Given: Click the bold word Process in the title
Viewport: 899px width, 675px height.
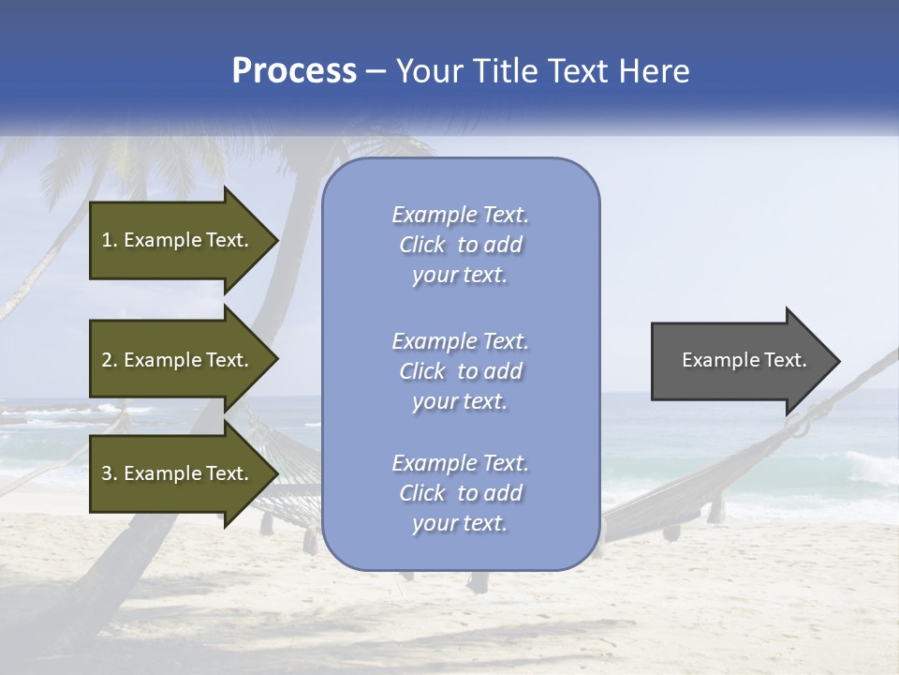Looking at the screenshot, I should (294, 71).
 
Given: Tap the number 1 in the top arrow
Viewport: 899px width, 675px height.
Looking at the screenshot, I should (106, 240).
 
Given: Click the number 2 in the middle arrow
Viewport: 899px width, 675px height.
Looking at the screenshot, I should (107, 360).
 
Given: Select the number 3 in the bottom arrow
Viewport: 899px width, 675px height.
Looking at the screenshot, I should (107, 473).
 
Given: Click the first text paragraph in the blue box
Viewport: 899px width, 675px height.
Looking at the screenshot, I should (460, 245).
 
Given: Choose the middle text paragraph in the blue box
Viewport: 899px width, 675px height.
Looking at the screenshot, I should (460, 371).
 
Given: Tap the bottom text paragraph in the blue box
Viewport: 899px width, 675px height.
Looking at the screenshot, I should (460, 493).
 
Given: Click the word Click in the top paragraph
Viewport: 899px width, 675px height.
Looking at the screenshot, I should (422, 245).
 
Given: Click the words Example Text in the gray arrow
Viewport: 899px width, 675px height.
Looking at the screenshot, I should (744, 360).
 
